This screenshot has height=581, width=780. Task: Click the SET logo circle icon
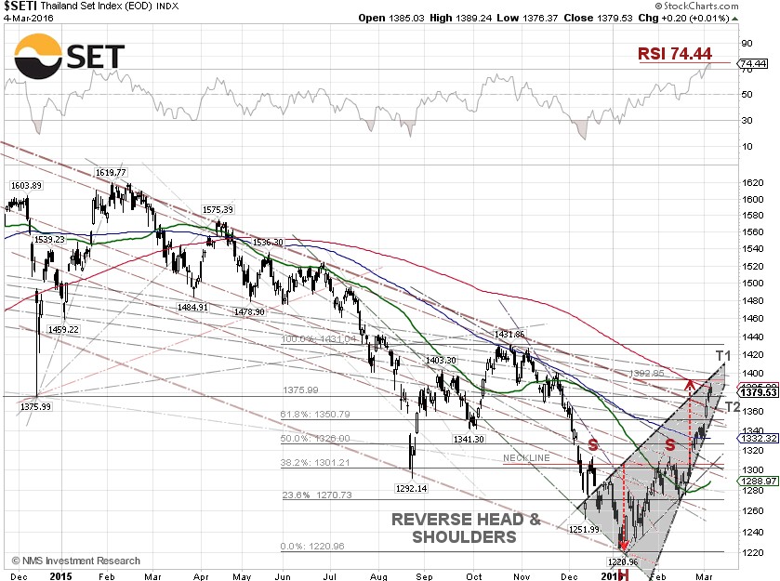tap(39, 57)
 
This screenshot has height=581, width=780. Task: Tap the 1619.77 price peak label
tap(110, 173)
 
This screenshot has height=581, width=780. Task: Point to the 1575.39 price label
tap(218, 210)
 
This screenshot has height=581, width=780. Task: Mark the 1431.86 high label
tap(509, 335)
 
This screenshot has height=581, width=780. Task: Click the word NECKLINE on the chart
tap(527, 458)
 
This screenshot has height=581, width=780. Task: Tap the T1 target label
tap(723, 355)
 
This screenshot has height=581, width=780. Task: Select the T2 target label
tap(732, 406)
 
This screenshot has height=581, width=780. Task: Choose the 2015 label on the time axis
tap(62, 575)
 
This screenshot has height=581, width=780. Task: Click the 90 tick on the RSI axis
tap(746, 43)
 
